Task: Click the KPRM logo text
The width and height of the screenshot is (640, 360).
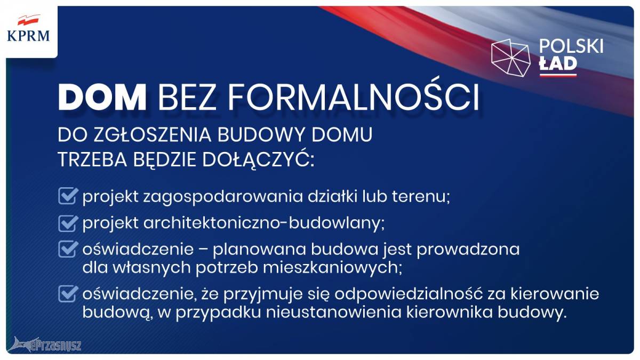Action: point(28,36)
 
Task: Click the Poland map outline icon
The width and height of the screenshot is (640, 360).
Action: point(511,58)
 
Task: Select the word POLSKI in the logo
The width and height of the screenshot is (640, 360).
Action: point(571,46)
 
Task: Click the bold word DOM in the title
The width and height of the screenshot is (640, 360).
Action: point(102,97)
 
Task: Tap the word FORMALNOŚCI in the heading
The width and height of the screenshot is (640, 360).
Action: point(354,95)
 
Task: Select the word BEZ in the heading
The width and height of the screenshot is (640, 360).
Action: point(187,97)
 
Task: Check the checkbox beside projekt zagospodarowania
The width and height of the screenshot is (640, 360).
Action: point(68,196)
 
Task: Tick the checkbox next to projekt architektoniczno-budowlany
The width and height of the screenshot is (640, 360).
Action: point(68,223)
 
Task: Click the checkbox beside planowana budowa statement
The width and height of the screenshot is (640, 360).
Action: point(68,249)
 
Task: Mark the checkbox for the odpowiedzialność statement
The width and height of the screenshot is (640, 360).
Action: point(68,293)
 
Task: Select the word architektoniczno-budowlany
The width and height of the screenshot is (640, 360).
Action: point(264,223)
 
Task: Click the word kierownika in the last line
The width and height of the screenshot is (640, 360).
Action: point(450,313)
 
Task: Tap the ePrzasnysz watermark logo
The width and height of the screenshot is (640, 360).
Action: point(44,344)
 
